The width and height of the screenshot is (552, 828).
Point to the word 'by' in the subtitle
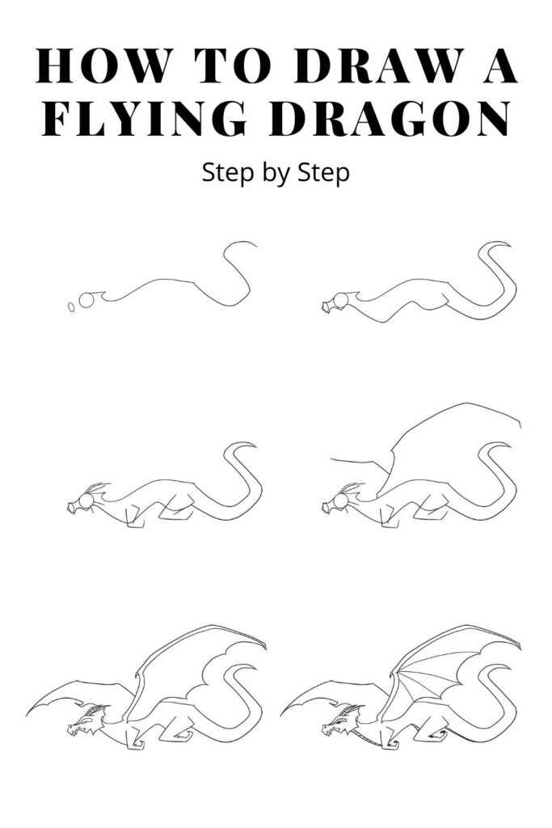coord(276,173)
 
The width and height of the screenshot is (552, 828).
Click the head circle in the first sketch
coord(86,301)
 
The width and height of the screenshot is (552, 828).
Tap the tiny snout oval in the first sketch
coord(70,306)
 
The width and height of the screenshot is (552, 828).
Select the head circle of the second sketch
coord(341,302)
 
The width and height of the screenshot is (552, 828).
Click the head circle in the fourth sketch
coord(341,503)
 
